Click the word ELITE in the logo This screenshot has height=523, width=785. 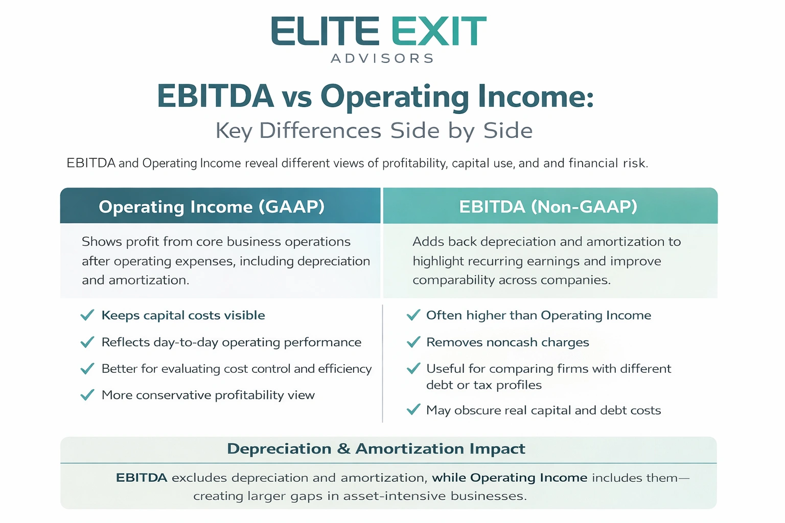point(325,31)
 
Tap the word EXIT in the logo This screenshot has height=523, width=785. point(439,31)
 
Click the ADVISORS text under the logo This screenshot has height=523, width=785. point(383,59)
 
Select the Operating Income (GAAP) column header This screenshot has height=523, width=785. point(212,207)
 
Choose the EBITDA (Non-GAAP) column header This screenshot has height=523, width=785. point(548,207)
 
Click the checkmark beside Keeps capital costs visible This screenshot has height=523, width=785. point(87,315)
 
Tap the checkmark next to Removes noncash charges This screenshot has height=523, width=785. point(413,342)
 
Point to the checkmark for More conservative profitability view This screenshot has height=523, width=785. point(87,395)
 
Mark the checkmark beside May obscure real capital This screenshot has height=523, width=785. point(413,410)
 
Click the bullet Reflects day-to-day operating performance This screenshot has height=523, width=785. point(231,342)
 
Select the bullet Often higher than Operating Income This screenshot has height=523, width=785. point(539,315)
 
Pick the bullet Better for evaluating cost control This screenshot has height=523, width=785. point(236,369)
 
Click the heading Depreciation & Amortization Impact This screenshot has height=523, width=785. point(376,449)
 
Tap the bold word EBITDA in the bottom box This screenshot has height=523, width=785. point(142,478)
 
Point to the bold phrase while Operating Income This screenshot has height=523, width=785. point(510,478)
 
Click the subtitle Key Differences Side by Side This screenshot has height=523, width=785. point(374,131)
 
